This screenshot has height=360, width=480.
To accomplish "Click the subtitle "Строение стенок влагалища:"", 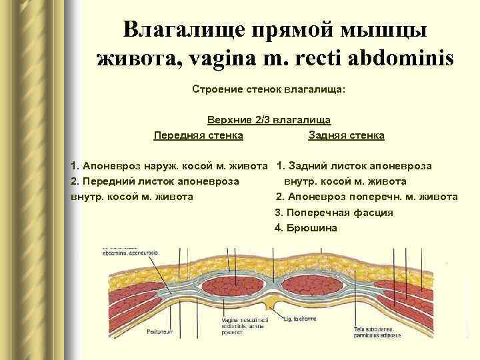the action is coord(269,89).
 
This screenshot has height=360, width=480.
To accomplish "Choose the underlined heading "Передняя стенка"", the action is coord(198,135).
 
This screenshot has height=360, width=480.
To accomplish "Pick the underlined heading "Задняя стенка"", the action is coord(346,135).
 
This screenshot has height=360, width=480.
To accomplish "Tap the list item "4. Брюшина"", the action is coord(306,228).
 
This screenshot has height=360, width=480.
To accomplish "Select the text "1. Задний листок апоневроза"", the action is coord(354,165).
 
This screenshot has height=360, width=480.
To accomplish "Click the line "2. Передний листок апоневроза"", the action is coord(156,181).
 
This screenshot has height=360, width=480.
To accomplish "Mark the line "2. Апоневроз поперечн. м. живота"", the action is coord(367,197).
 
